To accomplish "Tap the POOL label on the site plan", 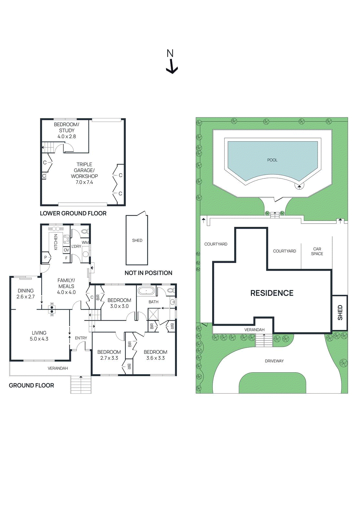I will point(272,160).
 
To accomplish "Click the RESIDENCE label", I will point(272,293).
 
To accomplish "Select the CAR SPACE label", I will point(317,251).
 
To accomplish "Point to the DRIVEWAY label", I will point(274,361).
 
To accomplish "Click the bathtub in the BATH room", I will point(146,291).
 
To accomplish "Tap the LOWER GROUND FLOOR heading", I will point(73,213).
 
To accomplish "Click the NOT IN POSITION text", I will point(148,273).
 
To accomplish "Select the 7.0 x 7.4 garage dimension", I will point(84,182).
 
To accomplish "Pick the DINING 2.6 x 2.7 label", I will point(26,294).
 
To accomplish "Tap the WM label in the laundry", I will point(85,242).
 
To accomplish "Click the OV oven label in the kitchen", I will point(66,250).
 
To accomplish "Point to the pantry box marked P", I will point(46,258).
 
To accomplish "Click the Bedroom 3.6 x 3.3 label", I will point(155,355).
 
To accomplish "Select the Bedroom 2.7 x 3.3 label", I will point(109,355).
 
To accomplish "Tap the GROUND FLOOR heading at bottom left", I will point(31,385).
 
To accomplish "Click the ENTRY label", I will point(81,338).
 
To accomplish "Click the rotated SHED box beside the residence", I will point(340,312).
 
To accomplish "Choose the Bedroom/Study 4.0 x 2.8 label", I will point(67,131).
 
